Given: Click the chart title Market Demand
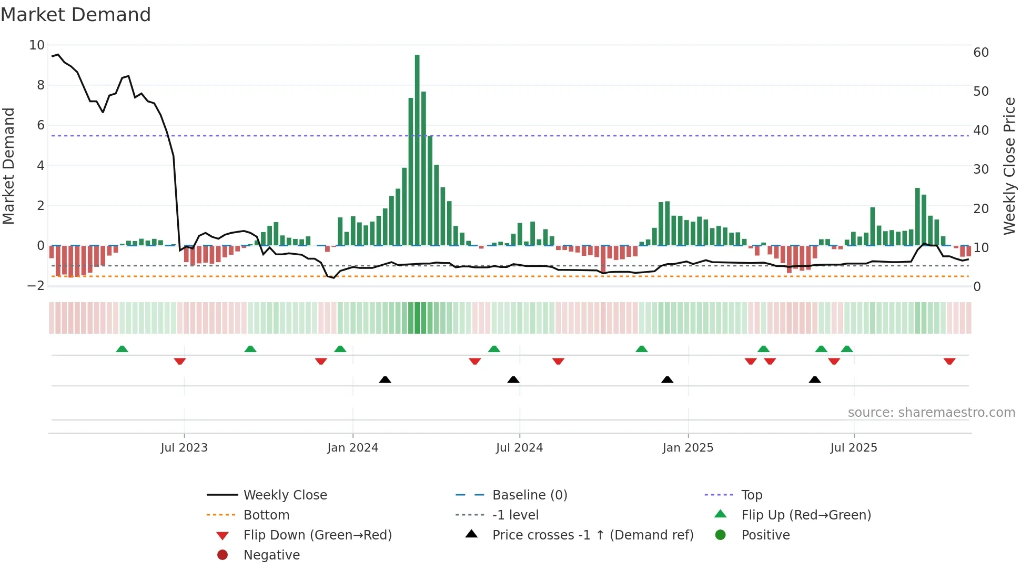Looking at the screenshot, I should pos(76,15).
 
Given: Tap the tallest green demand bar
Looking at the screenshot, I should pos(417,150).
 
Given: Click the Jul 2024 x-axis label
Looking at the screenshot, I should pos(519,448).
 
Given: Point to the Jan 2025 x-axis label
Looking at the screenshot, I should pos(688,448).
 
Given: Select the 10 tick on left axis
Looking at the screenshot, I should pos(37,45).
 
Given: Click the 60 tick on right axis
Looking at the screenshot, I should pos(981,53).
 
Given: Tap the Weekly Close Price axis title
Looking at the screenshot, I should pos(1009,166).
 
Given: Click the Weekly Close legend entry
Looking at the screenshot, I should pos(285,495).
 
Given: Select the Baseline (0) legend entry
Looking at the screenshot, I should pos(529,495).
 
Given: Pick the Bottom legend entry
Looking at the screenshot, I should pos(266,515).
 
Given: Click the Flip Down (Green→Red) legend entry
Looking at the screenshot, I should pos(317,535).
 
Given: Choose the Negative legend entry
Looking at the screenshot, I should pos(271,555).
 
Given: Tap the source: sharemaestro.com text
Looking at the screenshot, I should pos(931,413).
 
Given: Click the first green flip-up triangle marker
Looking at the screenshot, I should pos(122,349).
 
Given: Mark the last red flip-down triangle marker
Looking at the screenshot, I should pos(949,361).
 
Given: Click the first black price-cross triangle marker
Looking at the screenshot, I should pos(385,379).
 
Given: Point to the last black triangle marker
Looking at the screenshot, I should pos(815,379).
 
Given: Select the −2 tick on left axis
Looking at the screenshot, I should pos(36,286).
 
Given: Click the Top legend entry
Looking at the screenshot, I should pos(751,495).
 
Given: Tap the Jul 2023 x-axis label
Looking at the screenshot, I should pos(184,448).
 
